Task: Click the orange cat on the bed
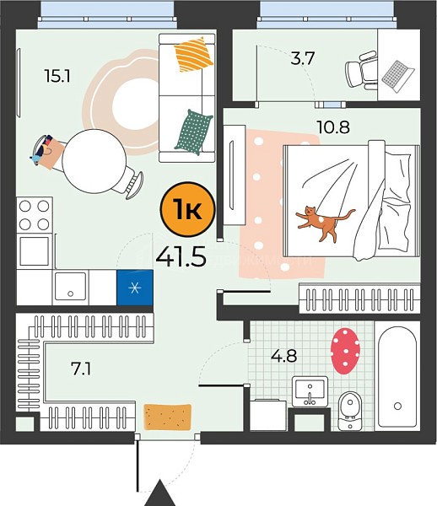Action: [324, 223]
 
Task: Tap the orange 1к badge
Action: [187, 209]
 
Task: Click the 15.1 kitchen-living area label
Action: [57, 77]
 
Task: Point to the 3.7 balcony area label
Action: [302, 59]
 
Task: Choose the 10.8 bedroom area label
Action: [333, 127]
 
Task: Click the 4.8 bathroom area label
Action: [284, 356]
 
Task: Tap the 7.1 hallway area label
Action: [81, 369]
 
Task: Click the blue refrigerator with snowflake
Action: [135, 288]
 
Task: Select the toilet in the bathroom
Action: [350, 411]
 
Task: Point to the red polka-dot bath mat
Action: [345, 351]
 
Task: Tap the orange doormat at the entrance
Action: [167, 417]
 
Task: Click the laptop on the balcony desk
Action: [397, 76]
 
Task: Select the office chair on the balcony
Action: [361, 70]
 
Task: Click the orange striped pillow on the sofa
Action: [194, 55]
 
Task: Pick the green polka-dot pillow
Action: [194, 132]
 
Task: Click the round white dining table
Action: [94, 161]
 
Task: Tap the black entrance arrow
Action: [159, 493]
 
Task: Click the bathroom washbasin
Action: [310, 391]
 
